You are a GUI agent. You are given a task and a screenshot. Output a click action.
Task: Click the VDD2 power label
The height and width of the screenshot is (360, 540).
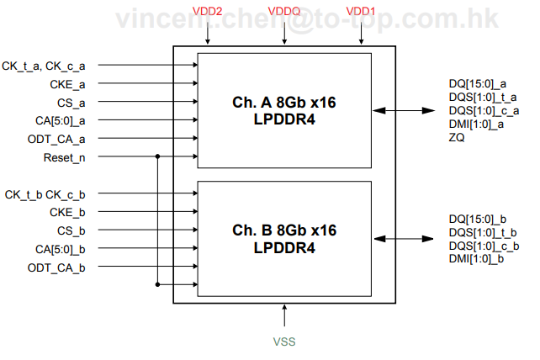(x=208, y=12)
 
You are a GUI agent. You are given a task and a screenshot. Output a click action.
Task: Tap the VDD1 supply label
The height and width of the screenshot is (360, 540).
(x=362, y=12)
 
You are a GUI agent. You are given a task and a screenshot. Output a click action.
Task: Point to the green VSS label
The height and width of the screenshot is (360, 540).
(x=284, y=342)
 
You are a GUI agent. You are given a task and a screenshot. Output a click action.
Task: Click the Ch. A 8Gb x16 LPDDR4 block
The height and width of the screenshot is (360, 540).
(x=284, y=110)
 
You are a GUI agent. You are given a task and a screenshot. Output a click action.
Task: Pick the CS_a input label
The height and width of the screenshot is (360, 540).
(x=71, y=103)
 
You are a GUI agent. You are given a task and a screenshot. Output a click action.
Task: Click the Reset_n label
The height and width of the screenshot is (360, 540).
(x=65, y=157)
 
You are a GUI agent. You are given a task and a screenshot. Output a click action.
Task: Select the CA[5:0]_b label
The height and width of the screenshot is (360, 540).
(x=61, y=248)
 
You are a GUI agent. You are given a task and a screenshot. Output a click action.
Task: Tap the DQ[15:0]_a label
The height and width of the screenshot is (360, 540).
(x=478, y=83)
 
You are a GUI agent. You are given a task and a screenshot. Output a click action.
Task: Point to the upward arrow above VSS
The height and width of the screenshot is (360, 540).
(x=284, y=315)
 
